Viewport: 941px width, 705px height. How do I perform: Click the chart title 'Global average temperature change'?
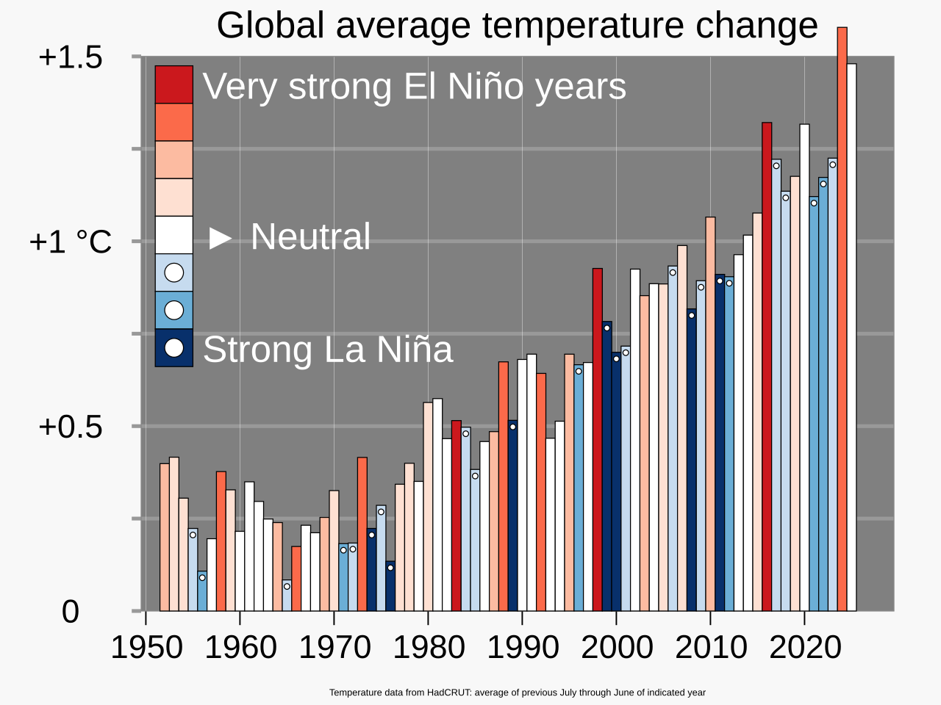pos(517,26)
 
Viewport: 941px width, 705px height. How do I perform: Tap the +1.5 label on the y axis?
pos(71,57)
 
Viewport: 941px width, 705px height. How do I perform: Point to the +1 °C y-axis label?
pos(71,242)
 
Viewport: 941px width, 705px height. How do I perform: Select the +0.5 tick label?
pos(71,427)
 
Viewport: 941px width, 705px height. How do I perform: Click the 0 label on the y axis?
pos(71,611)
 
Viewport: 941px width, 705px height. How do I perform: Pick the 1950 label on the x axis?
pos(146,648)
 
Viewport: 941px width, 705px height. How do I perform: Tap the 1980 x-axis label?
pos(429,648)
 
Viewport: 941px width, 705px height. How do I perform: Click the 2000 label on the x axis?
pos(617,648)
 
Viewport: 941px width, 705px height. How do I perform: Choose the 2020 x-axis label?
pos(805,648)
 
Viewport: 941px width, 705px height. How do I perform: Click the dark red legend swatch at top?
pos(173,84)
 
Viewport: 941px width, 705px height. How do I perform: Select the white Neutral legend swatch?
pos(173,235)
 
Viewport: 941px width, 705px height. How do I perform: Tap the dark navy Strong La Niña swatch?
pos(173,347)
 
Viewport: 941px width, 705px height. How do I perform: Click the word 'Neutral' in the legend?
pos(310,236)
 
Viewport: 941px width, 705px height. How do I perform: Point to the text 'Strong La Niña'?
pos(328,350)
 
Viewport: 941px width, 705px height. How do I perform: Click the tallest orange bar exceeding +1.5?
pos(842,316)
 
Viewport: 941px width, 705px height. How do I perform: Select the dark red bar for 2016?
pos(767,367)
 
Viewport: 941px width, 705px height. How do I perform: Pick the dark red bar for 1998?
pos(598,441)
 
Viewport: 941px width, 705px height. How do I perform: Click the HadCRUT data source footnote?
pos(517,693)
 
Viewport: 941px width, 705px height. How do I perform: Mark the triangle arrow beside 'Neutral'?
pos(221,237)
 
